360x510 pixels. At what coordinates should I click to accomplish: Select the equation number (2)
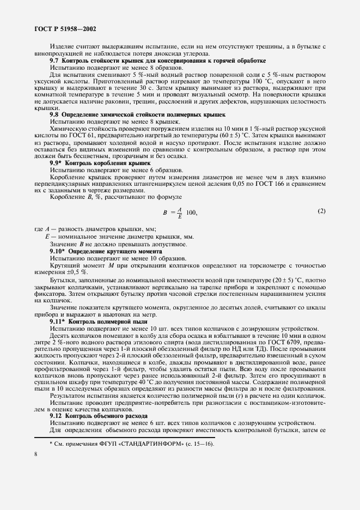tap(321, 196)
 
